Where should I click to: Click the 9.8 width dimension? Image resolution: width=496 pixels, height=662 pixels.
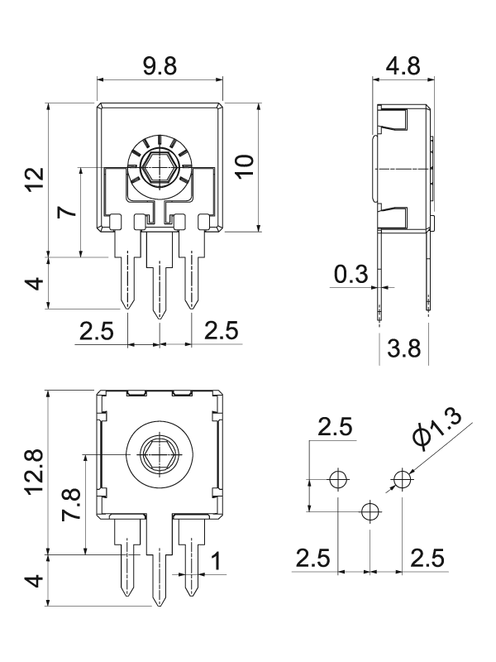(160, 66)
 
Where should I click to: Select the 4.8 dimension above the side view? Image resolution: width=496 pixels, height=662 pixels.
(403, 66)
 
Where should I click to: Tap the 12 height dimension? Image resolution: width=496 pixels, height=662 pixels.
(36, 180)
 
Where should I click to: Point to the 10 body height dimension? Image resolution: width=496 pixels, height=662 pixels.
(245, 167)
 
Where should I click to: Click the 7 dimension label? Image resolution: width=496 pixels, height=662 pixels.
(68, 210)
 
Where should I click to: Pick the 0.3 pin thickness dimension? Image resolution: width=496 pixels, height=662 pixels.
(351, 275)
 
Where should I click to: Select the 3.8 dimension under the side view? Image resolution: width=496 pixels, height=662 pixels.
(404, 348)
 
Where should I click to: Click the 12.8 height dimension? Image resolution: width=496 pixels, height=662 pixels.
(34, 471)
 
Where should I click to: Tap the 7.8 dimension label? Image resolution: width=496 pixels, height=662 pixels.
(70, 505)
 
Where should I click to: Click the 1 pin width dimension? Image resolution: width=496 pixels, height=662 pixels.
(216, 562)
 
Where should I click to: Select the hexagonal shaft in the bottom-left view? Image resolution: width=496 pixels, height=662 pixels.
(160, 453)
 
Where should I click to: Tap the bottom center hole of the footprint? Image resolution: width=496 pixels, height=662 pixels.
(370, 511)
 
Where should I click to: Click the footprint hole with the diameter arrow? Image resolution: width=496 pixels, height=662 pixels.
(403, 479)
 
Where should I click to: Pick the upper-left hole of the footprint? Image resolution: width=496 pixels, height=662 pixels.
(338, 479)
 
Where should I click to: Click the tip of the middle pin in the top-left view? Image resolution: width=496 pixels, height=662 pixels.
(160, 319)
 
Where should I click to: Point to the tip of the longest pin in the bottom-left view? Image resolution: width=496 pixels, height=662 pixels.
(160, 607)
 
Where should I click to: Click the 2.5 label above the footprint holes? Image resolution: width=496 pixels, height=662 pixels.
(335, 427)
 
